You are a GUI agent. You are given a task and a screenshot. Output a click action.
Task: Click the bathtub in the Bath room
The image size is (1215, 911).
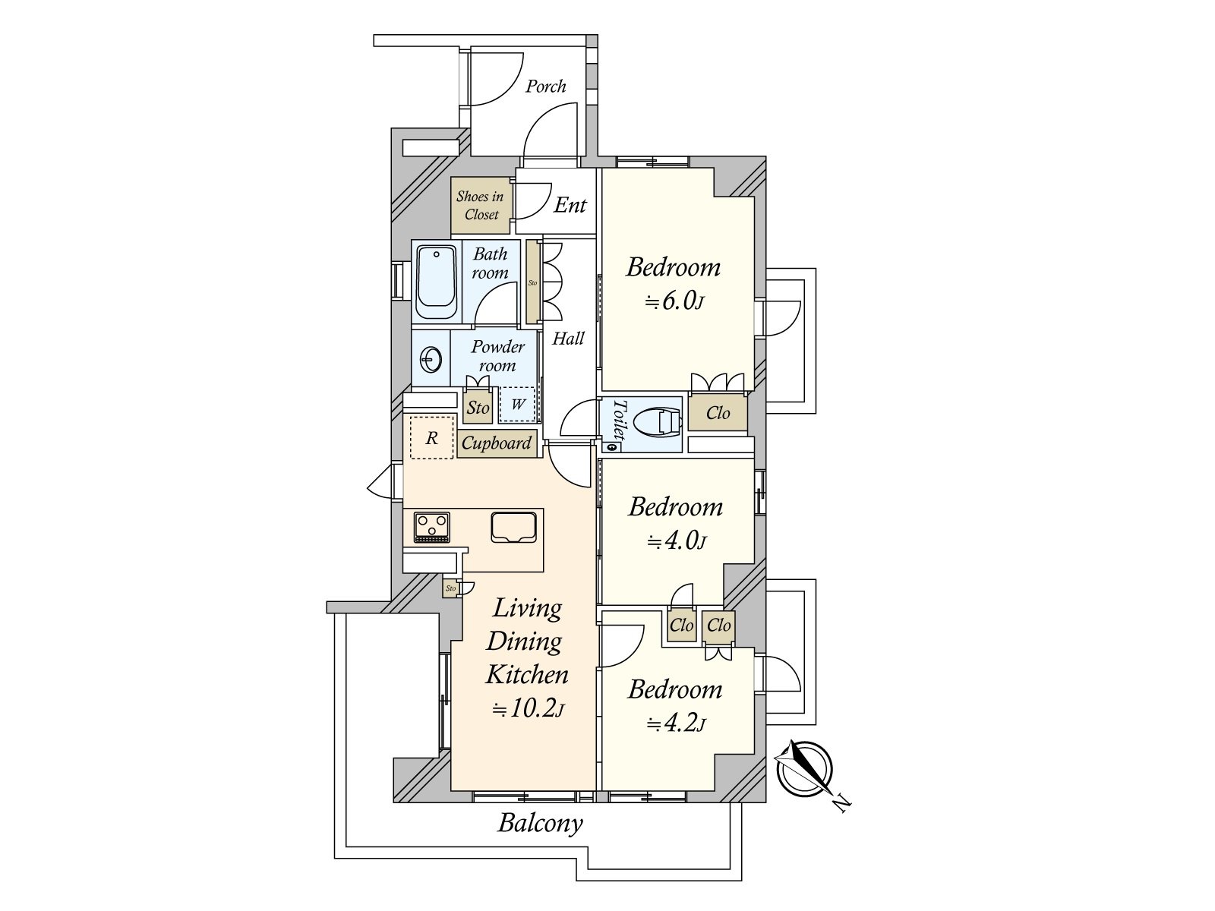click(x=437, y=282)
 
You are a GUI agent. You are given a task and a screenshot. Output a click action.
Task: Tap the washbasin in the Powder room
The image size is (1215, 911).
click(x=431, y=359)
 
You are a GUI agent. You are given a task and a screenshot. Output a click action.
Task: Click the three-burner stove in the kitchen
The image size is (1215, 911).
click(x=431, y=527)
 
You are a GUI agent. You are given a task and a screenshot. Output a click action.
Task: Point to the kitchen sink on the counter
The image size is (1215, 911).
click(x=514, y=527)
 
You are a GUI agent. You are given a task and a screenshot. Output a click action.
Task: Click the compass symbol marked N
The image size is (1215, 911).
click(x=805, y=768)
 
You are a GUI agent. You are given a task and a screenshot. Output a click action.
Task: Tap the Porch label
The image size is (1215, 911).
click(x=546, y=87)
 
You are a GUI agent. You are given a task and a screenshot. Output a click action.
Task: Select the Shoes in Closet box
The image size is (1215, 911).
click(x=481, y=206)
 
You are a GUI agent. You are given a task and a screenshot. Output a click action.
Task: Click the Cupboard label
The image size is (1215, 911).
click(x=497, y=443)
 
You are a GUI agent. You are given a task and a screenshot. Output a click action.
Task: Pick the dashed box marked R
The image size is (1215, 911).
click(x=431, y=437)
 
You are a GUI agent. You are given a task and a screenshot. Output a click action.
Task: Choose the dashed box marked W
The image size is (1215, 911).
click(x=518, y=405)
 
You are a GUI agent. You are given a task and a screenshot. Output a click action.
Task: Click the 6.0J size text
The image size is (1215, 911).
click(x=674, y=301)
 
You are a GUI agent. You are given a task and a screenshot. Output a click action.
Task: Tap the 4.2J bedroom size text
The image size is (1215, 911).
click(x=675, y=723)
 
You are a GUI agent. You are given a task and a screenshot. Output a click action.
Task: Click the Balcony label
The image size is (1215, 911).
click(x=540, y=823)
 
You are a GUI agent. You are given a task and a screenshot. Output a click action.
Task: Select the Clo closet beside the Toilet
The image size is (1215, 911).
click(x=718, y=413)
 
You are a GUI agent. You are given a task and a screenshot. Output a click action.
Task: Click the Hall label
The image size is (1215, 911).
click(x=568, y=339)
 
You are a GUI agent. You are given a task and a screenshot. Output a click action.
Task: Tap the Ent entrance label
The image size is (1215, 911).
click(x=570, y=205)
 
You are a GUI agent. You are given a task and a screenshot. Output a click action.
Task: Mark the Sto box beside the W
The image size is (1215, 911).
click(x=478, y=408)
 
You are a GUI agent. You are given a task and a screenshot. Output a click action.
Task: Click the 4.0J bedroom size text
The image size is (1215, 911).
click(x=675, y=541)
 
